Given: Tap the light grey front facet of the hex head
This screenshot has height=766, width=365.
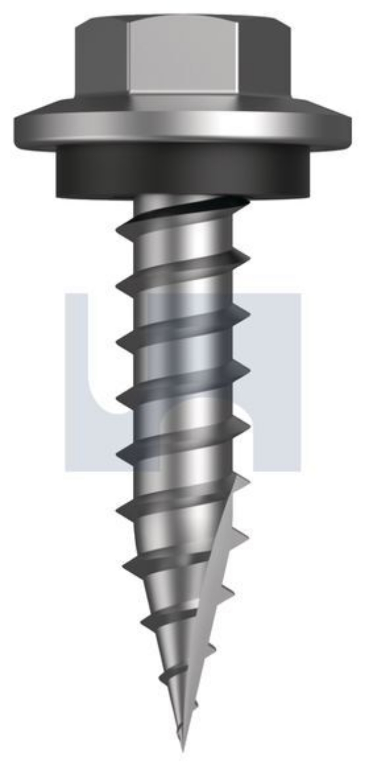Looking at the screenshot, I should point(183,59).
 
